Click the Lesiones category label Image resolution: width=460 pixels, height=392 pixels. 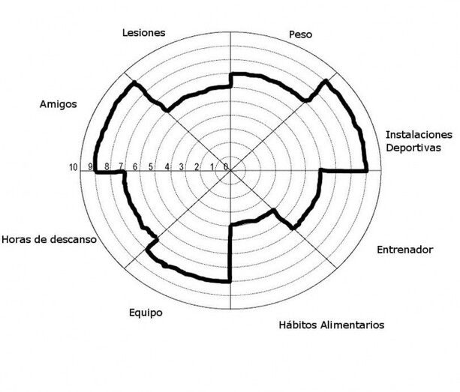144,32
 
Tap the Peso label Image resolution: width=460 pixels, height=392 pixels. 300,34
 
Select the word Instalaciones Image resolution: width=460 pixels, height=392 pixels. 419,135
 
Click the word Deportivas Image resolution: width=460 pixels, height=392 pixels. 413,148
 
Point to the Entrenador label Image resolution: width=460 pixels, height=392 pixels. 405,250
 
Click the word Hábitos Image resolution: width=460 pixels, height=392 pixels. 298,325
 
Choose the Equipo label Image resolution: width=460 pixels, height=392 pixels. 146,313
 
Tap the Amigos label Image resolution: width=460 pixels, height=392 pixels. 59,104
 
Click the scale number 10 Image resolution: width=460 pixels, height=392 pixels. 74,168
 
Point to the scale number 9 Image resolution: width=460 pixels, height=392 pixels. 91,166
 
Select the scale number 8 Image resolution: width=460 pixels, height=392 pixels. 107,166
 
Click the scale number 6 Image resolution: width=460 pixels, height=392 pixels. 135,167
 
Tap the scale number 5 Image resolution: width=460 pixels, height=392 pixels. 151,167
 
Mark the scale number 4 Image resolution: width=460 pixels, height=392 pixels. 167,167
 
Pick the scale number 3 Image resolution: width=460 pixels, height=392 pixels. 182,167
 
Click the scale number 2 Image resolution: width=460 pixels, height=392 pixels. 197,167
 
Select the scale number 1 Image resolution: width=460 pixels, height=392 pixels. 212,167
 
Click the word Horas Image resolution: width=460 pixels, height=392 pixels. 16,240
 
